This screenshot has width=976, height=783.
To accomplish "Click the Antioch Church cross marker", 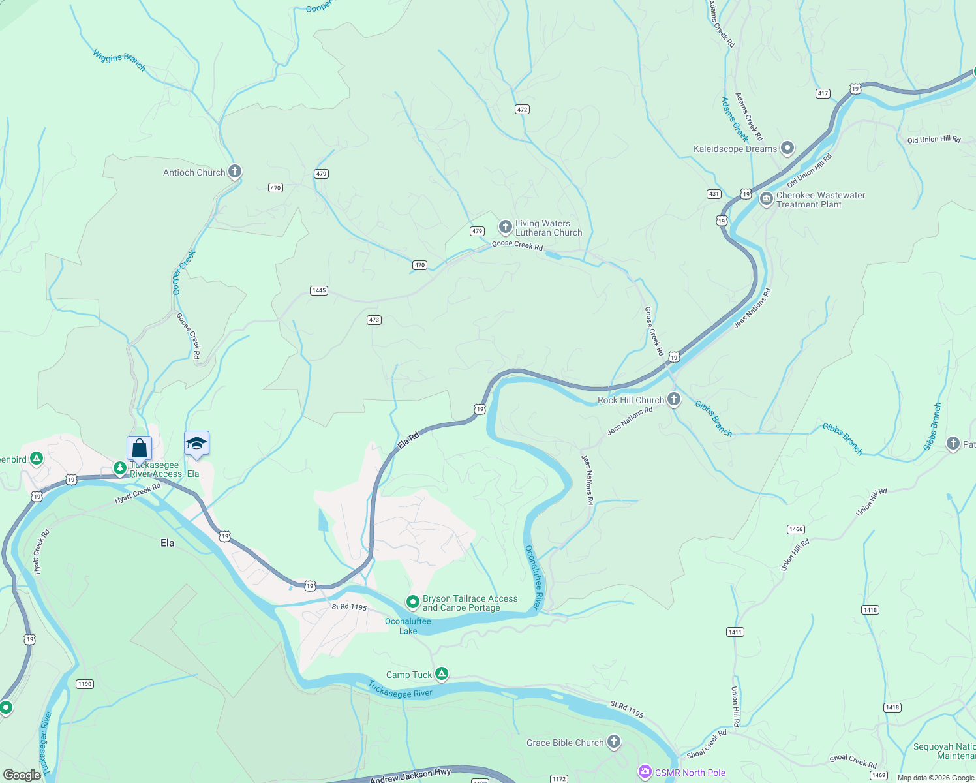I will pyautogui.click(x=235, y=172).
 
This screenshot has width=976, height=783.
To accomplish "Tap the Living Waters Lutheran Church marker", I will pyautogui.click(x=505, y=227).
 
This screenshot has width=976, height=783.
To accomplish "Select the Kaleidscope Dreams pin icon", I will pyautogui.click(x=787, y=148).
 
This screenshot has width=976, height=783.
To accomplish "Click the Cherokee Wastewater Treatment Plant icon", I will pyautogui.click(x=767, y=199).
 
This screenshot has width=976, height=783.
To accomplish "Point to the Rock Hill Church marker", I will pyautogui.click(x=674, y=399).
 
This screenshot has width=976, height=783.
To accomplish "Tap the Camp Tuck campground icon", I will pyautogui.click(x=442, y=674).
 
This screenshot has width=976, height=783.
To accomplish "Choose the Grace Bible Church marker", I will pyautogui.click(x=614, y=742).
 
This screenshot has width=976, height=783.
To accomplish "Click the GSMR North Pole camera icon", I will pyautogui.click(x=645, y=773).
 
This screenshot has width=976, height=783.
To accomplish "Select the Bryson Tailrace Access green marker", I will pyautogui.click(x=412, y=602).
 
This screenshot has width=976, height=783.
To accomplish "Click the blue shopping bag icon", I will pyautogui.click(x=140, y=448).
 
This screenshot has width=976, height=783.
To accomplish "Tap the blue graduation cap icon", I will pyautogui.click(x=196, y=444).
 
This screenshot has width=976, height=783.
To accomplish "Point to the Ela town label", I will pyautogui.click(x=168, y=543).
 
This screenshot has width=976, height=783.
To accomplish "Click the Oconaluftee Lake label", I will pyautogui.click(x=408, y=626).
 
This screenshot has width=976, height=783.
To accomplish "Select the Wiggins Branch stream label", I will pyautogui.click(x=119, y=59).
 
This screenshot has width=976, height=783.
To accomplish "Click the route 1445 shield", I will pyautogui.click(x=319, y=290).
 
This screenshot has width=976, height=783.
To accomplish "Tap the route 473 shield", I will pyautogui.click(x=374, y=320).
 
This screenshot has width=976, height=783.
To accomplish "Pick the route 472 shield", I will pyautogui.click(x=522, y=109).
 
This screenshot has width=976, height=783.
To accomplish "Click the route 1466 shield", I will pyautogui.click(x=796, y=529).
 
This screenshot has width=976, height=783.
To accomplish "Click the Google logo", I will pyautogui.click(x=22, y=775).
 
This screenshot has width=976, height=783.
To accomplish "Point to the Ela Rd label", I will pyautogui.click(x=408, y=440).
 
